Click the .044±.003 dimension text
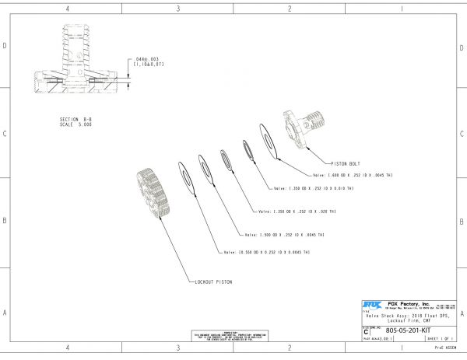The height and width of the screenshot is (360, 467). pyautogui.click(x=147, y=58)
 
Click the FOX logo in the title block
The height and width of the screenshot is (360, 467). pyautogui.click(x=371, y=303)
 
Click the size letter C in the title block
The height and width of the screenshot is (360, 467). pyautogui.click(x=367, y=330)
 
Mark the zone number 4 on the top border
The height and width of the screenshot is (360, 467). pyautogui.click(x=68, y=9)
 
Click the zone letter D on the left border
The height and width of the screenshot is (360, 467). pyautogui.click(x=5, y=46)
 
